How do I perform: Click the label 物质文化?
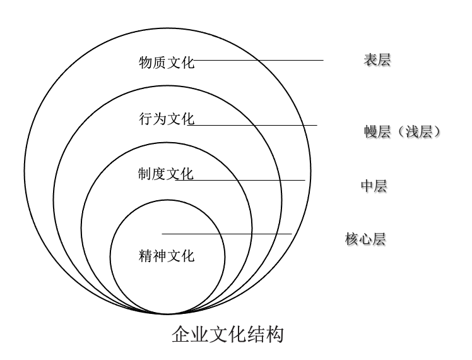click(167, 63)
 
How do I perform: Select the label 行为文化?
click(167, 119)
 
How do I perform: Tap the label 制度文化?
click(167, 174)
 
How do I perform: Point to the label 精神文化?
click(167, 256)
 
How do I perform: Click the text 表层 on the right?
click(377, 61)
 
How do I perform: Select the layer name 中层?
click(374, 186)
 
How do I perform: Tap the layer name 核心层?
click(365, 239)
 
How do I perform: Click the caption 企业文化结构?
click(228, 334)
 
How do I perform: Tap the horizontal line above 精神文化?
click(227, 234)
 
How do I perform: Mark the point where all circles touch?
click(167, 314)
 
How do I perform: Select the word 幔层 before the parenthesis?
click(377, 132)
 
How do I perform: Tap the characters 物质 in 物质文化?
click(153, 63)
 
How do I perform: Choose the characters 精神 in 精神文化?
click(153, 256)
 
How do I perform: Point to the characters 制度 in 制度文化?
click(153, 174)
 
